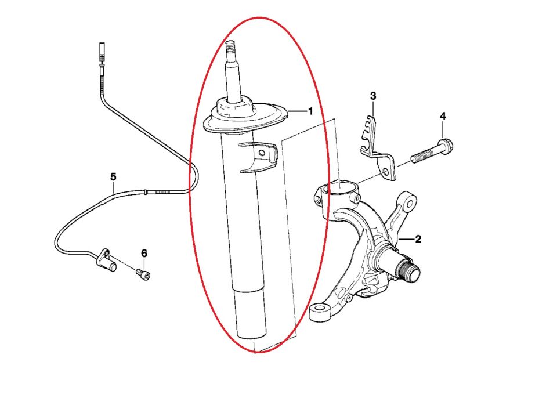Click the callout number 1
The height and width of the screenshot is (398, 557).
tap(310, 110)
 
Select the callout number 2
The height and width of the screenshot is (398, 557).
tap(418, 238)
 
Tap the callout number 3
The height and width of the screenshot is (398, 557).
tap(373, 95)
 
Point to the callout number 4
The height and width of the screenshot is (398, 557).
tap(443, 117)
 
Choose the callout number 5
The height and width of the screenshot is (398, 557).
tap(113, 176)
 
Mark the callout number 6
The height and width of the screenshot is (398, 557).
tap(144, 253)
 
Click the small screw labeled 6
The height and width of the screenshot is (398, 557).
tap(143, 273)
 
